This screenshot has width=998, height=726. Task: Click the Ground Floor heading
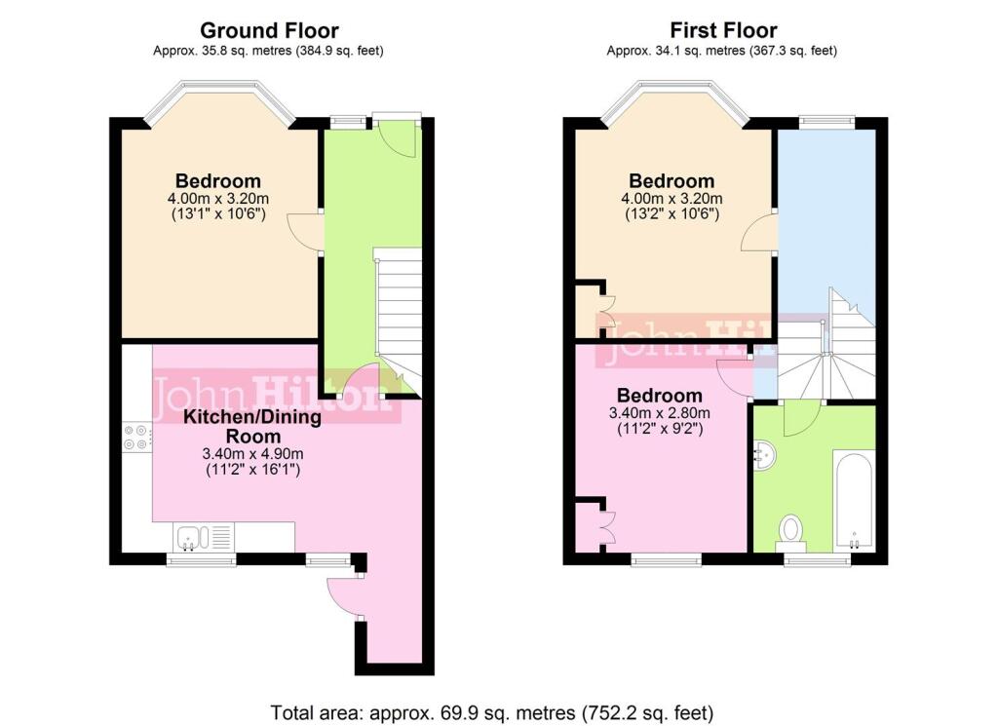[x=269, y=31]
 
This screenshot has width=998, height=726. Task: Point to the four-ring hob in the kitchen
[x=136, y=438]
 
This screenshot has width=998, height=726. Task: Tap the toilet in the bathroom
[x=791, y=531]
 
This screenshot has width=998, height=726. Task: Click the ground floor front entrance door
[x=398, y=135]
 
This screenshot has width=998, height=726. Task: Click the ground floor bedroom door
[x=305, y=233]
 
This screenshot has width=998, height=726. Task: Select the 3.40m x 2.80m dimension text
[x=659, y=413]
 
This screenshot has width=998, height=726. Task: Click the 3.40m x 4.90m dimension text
[x=253, y=454]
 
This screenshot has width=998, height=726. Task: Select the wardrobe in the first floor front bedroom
[x=589, y=309]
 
